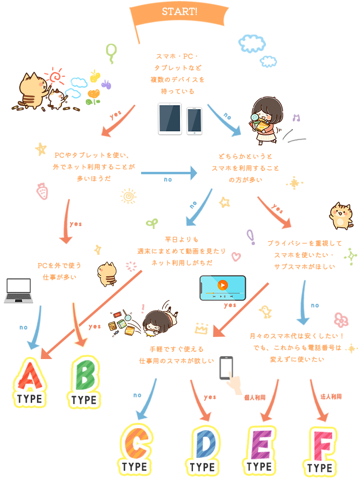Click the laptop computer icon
[x=18, y=290]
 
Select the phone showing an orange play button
[x=222, y=288]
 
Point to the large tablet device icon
[x=169, y=119]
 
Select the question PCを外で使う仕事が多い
[x=59, y=271]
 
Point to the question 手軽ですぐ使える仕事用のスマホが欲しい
[x=176, y=355]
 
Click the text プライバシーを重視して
[x=304, y=243]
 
